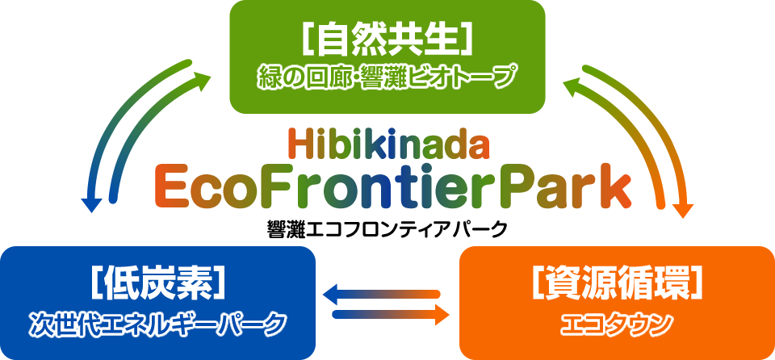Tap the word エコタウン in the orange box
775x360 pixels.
pyautogui.click(x=616, y=324)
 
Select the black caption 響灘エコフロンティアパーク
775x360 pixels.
pyautogui.click(x=387, y=229)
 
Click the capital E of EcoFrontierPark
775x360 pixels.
pyautogui.click(x=170, y=188)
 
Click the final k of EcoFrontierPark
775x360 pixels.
pyautogui.click(x=615, y=187)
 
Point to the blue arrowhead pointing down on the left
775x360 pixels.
pyautogui.click(x=91, y=205)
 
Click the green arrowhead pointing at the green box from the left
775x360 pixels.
pyautogui.click(x=201, y=80)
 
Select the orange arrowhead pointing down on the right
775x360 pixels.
pyautogui.click(x=684, y=210)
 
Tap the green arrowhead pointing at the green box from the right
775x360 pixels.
pyautogui.click(x=573, y=86)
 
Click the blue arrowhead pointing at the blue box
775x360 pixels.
pyautogui.click(x=331, y=295)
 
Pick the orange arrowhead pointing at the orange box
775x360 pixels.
pyautogui.click(x=442, y=315)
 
